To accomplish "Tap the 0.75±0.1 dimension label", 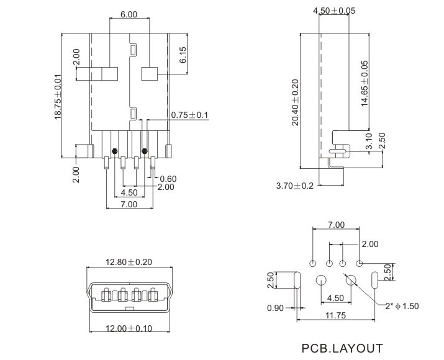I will pos(189,115).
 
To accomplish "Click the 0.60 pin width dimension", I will pos(168,179).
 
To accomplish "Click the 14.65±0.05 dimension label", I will pos(365,83).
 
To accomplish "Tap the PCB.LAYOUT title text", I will pos(342,348).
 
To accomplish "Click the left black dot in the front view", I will pos(114,151).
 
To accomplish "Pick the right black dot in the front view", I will pos(145,151).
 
